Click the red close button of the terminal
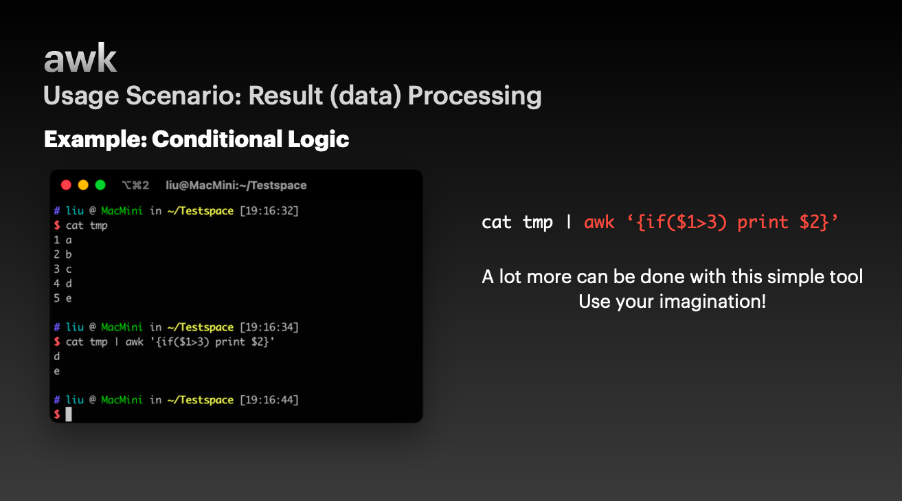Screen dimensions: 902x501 click(66, 185)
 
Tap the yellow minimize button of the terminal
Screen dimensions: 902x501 click(83, 185)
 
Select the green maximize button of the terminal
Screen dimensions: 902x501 click(100, 185)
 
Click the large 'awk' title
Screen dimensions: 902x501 click(80, 58)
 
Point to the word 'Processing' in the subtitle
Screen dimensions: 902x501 click(475, 96)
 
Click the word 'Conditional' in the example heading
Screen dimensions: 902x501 click(217, 139)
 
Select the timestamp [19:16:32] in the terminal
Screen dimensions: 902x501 click(269, 210)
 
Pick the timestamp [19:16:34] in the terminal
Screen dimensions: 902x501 click(269, 327)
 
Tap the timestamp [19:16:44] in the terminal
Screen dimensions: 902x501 click(269, 399)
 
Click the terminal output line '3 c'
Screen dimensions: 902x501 click(63, 269)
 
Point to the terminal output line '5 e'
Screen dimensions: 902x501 click(63, 298)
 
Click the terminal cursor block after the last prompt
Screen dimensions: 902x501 click(69, 414)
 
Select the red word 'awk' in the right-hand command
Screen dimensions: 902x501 click(599, 222)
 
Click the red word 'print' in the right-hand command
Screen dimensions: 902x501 click(763, 223)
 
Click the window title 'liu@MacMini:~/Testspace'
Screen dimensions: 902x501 click(236, 186)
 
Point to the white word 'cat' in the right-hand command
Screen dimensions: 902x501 click(497, 222)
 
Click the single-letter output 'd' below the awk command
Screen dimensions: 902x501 click(57, 356)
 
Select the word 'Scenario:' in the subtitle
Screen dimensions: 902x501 click(183, 96)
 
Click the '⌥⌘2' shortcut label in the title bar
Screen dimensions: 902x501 click(135, 186)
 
